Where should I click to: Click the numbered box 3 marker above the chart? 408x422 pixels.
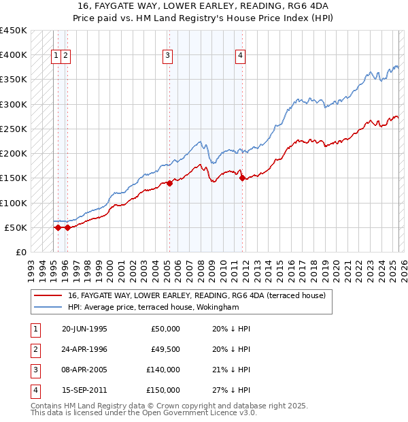(167, 56)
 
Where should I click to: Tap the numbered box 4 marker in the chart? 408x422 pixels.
(241, 56)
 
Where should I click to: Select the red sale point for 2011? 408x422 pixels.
(242, 178)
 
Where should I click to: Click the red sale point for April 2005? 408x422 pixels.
(169, 183)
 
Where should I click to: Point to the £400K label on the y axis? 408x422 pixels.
(14, 55)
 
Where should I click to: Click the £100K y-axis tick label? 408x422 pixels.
(14, 203)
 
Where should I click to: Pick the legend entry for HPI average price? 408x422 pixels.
(154, 307)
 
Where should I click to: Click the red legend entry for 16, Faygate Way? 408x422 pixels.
(197, 295)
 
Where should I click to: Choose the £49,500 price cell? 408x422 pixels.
(163, 349)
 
